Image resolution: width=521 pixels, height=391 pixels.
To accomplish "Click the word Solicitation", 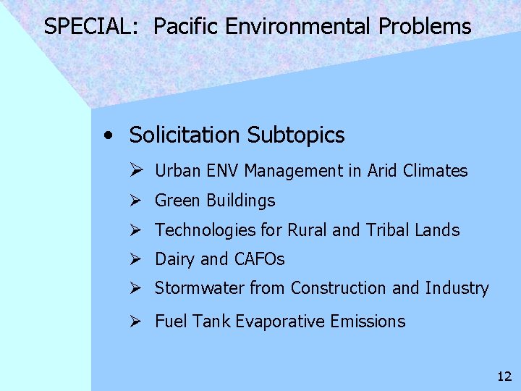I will (x=185, y=135).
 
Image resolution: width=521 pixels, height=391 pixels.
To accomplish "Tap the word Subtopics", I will (x=296, y=135).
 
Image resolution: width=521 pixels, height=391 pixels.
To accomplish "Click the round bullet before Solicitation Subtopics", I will (x=108, y=135).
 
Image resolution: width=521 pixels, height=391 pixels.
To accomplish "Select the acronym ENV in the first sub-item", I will (x=223, y=171).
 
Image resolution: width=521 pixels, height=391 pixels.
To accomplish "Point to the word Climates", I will (x=437, y=171).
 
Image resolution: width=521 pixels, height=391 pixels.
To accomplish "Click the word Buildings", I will (x=241, y=201).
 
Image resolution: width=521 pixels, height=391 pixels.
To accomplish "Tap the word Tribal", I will (x=387, y=230).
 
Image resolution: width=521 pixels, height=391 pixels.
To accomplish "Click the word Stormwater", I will (x=200, y=288).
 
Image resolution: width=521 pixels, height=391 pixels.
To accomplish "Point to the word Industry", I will (x=457, y=288).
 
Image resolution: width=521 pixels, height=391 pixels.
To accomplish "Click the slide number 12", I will (x=504, y=376).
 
